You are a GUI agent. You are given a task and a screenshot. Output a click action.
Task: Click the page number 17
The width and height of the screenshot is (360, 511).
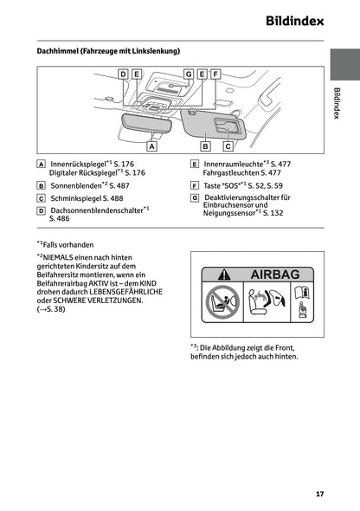(319, 494)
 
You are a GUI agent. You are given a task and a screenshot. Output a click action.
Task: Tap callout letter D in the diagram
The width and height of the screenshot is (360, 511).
(123, 74)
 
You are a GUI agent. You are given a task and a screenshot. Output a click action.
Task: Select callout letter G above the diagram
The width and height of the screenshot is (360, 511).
(188, 74)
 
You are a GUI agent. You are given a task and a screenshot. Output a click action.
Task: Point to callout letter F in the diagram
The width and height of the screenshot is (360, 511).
(215, 74)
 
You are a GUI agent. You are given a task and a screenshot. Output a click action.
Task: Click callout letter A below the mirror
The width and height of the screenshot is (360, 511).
(151, 147)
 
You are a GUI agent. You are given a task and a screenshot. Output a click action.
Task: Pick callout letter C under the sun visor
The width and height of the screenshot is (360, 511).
(228, 147)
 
